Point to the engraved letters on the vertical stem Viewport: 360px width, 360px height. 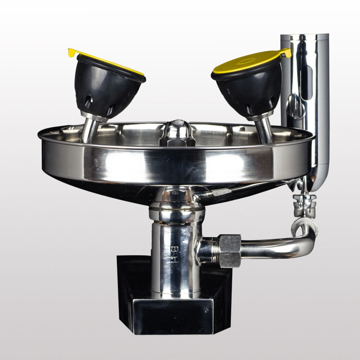(172, 254)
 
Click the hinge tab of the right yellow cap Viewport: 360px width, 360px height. (286, 52)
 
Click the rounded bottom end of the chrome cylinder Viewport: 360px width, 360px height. (317, 182)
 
